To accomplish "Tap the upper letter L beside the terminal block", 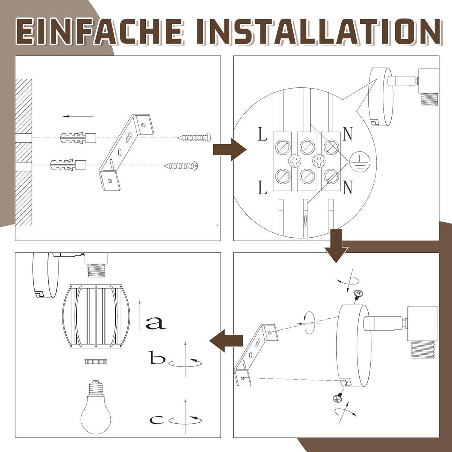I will pos(263,134).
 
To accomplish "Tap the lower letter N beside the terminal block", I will pos(347,188).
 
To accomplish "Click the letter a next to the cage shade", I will pos(156,323).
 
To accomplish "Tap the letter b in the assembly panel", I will pos(157,358).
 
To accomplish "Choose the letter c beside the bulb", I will pos(156,419).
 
